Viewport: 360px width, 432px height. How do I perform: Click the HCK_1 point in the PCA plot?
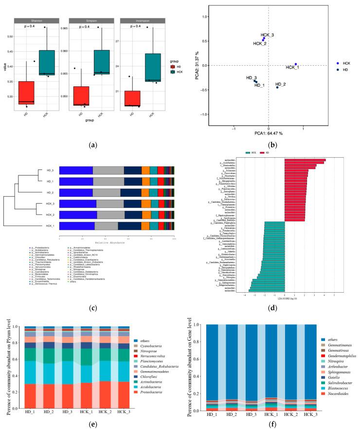pos(295,64)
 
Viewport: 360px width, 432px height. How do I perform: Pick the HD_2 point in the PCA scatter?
pos(277,87)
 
